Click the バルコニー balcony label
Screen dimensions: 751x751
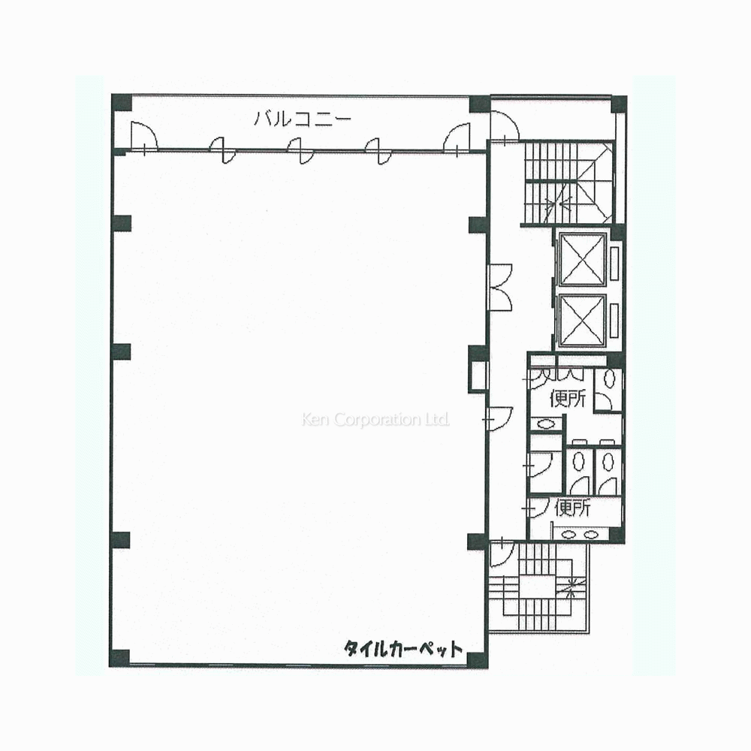[x=303, y=119]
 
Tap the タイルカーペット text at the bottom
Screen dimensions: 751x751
[x=403, y=649]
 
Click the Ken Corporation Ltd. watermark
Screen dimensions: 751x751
[x=375, y=420]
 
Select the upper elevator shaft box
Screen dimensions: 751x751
[x=583, y=259]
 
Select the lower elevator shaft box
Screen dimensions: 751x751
[x=583, y=321]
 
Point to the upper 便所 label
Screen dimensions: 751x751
[x=568, y=398]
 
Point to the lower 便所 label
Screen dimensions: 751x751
[x=572, y=508]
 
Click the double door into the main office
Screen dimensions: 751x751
[x=500, y=288]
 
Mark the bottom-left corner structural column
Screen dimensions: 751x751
[x=119, y=658]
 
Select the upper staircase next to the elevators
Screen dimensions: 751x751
[x=569, y=182]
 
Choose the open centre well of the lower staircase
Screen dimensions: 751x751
[x=537, y=587]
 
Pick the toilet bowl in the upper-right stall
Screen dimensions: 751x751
[x=609, y=379]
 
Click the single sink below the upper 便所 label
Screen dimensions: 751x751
[x=545, y=424]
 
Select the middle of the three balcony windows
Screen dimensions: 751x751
[x=300, y=150]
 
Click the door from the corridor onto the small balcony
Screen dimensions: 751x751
[x=505, y=127]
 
